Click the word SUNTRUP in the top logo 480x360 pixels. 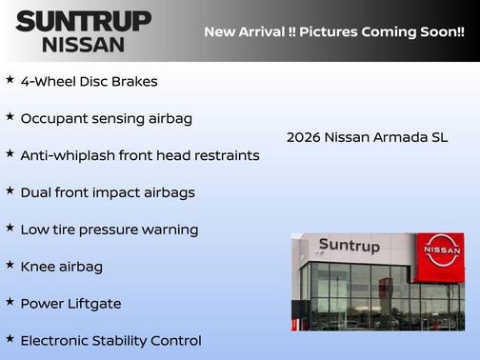pos(83,21)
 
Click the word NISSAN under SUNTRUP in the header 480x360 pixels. pos(83,44)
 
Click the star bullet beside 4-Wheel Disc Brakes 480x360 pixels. pos(10,80)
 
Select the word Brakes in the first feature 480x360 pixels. pos(136,82)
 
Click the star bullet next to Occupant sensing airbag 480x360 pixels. pos(10,117)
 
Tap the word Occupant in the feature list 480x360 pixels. pos(53,119)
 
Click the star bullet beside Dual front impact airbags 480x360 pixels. pos(10,190)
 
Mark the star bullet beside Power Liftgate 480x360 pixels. pos(10,302)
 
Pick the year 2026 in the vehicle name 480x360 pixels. pos(304,137)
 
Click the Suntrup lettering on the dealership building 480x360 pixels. pos(350,246)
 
